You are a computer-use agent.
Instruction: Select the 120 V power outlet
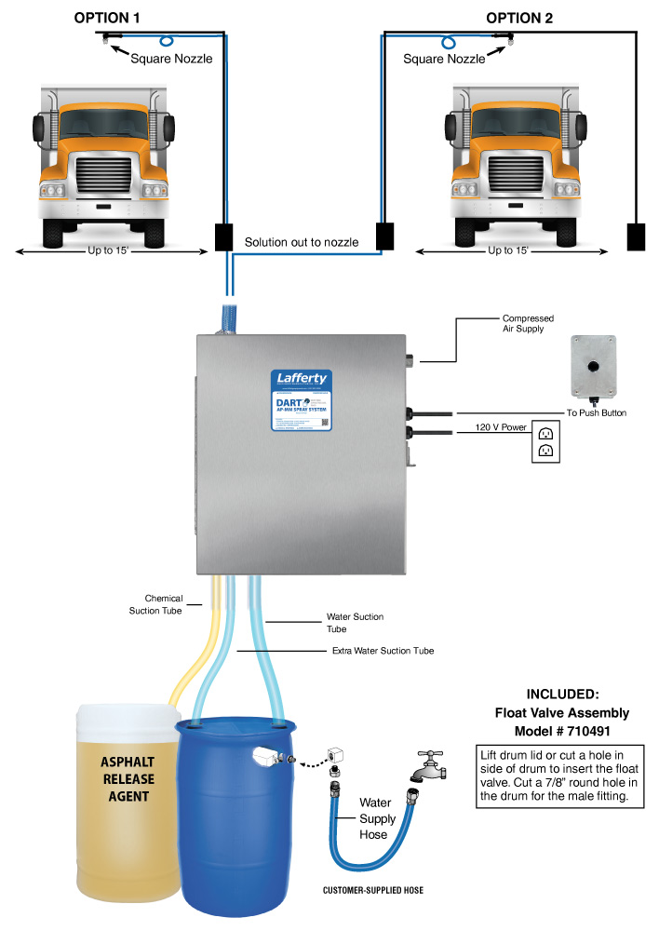pos(545,441)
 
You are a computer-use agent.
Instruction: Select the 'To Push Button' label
pos(596,412)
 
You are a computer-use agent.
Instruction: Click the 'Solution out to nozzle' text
pos(302,242)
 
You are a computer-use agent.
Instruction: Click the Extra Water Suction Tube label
pos(383,650)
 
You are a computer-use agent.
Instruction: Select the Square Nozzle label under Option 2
pos(444,59)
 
